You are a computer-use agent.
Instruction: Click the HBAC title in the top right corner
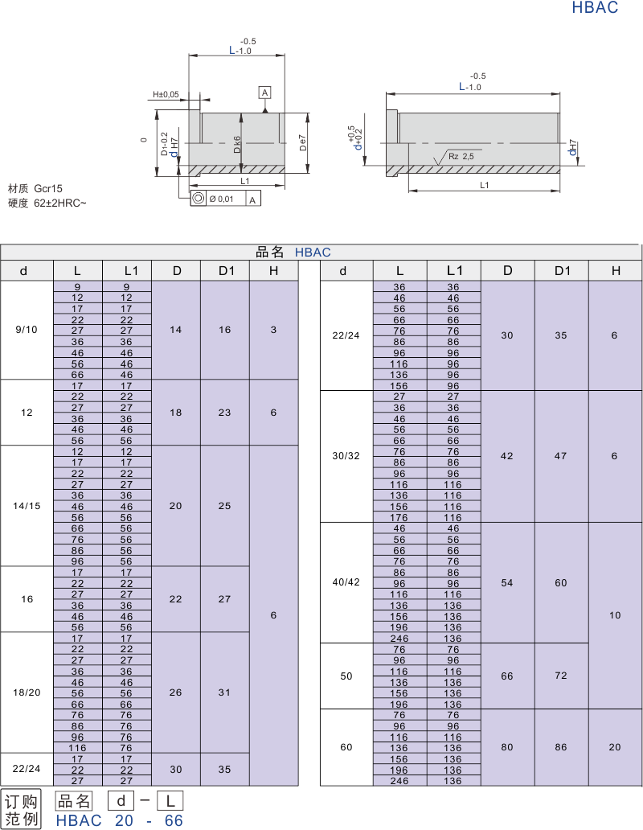coord(595,8)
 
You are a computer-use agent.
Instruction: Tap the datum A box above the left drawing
coord(264,92)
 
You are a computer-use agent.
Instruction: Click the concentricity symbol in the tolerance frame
coord(198,199)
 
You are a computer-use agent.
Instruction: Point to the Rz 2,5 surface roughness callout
coord(461,156)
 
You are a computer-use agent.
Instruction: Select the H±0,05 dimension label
coord(166,95)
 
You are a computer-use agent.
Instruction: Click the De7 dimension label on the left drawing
coord(303,142)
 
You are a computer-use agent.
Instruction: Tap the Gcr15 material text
coord(48,187)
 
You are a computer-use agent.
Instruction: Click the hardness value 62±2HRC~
coord(60,203)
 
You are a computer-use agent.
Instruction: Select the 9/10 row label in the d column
coord(27,330)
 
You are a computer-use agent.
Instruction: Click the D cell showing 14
coord(176,330)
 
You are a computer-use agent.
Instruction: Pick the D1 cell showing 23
coord(224,412)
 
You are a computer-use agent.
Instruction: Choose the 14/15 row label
coord(27,506)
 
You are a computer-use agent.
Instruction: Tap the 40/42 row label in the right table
coord(346,582)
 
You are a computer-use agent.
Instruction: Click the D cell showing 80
coord(507,747)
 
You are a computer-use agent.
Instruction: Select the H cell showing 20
coord(615,747)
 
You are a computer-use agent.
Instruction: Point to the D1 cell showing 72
coord(561,676)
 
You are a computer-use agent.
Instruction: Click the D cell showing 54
coord(507,582)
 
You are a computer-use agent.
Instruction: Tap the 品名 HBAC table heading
coord(293,252)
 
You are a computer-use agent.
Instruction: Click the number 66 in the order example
coord(174,820)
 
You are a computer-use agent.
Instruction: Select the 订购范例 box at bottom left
coord(22,810)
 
